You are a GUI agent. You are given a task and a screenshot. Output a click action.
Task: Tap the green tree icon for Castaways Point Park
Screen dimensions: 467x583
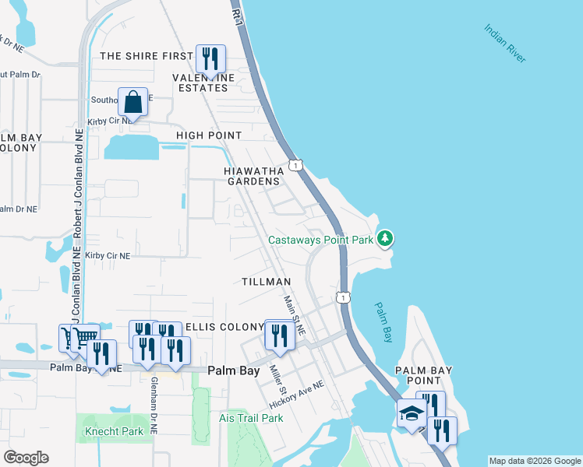click(x=385, y=238)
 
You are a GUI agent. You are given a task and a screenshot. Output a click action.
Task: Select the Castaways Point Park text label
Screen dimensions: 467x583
click(x=321, y=240)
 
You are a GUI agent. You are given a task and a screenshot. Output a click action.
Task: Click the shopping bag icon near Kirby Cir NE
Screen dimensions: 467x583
click(x=133, y=102)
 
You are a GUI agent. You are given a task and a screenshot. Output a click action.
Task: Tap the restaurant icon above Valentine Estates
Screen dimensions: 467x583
click(x=210, y=58)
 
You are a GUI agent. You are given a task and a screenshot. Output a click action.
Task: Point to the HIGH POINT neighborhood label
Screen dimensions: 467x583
click(x=208, y=135)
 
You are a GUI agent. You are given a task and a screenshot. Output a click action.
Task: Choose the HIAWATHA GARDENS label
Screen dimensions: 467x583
click(x=253, y=176)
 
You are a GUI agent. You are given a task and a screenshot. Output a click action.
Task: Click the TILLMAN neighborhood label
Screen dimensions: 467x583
click(x=266, y=281)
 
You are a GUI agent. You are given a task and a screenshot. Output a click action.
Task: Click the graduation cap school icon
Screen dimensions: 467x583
click(x=411, y=413)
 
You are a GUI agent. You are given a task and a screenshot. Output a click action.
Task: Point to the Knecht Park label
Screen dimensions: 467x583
click(x=111, y=431)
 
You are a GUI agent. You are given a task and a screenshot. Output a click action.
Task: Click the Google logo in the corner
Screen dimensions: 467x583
click(x=26, y=458)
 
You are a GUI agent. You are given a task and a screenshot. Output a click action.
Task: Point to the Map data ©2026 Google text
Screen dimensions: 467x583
click(x=535, y=461)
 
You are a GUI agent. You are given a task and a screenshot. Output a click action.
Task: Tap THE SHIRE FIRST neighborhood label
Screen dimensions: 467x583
click(x=146, y=56)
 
